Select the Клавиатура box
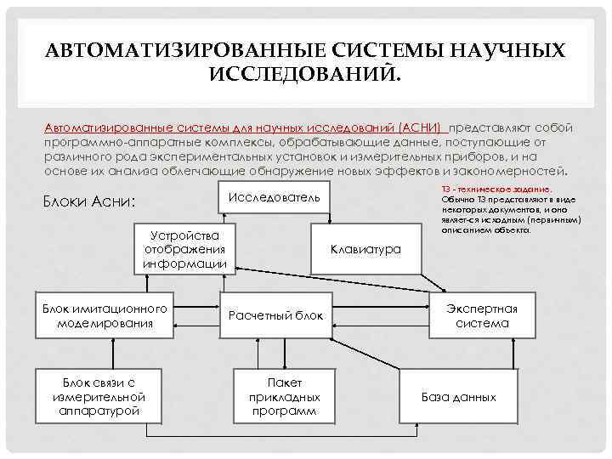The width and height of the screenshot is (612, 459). (x=366, y=250)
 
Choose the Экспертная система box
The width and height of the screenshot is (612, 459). (x=482, y=316)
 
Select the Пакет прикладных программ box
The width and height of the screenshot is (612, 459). (x=284, y=397)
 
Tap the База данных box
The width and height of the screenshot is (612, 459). (x=459, y=397)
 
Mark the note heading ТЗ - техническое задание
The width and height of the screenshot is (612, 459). (x=496, y=187)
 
